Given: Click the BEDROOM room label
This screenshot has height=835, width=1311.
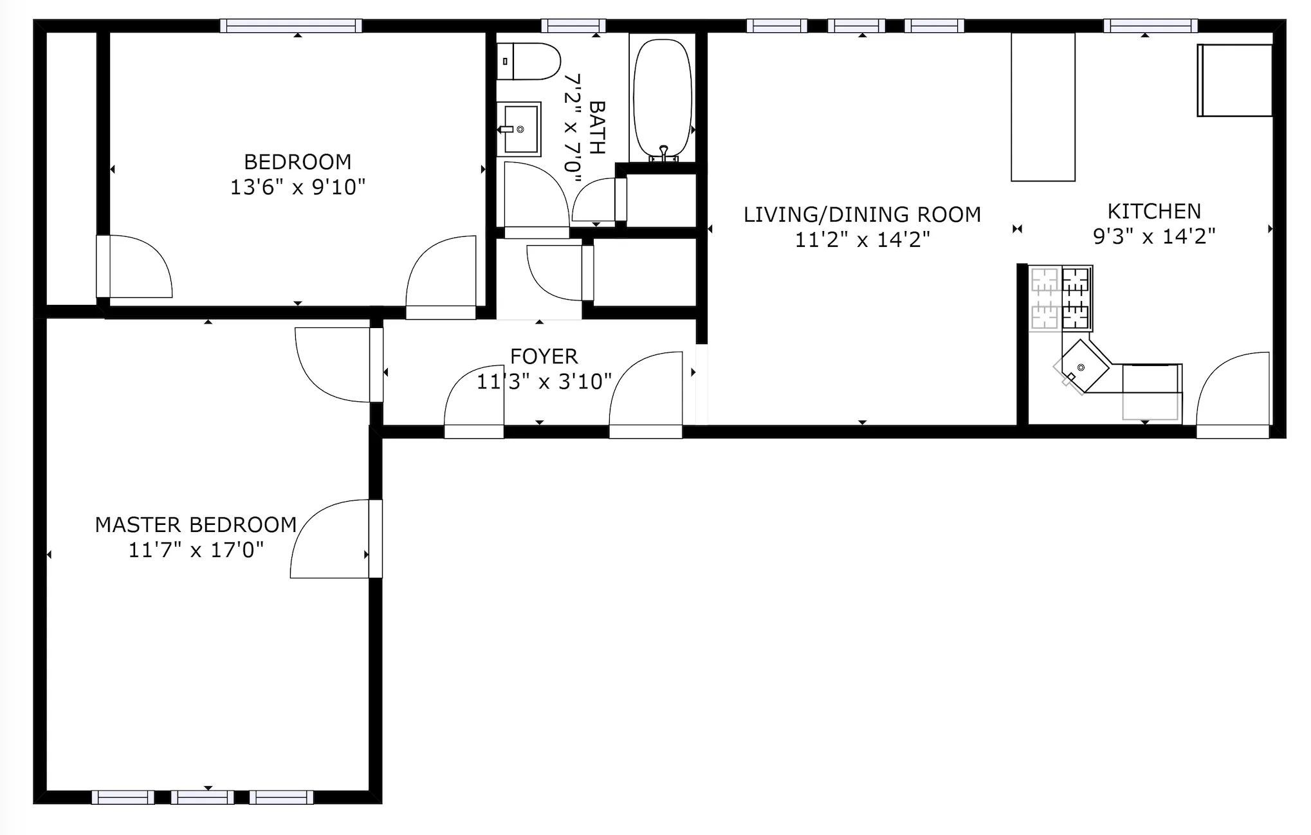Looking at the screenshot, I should [x=297, y=161].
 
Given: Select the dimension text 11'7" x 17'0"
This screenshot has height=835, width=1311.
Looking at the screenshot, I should [x=196, y=550].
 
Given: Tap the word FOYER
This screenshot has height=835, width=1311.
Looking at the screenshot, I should [x=544, y=356].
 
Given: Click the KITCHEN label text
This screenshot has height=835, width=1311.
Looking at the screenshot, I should [x=1153, y=211].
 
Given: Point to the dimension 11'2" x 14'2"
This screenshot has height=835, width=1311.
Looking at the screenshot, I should [x=862, y=240].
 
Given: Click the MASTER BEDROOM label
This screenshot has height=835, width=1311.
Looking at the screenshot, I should [x=196, y=524].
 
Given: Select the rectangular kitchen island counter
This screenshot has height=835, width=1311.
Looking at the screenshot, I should [x=1043, y=107].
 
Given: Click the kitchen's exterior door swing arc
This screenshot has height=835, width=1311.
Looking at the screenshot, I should [x=1232, y=387].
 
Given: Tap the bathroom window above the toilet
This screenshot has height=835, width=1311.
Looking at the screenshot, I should [x=573, y=26].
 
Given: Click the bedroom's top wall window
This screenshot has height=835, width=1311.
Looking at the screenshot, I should [x=291, y=26].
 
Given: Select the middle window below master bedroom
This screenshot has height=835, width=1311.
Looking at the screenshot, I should [x=202, y=797].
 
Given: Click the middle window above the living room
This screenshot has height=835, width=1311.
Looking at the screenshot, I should [x=856, y=26].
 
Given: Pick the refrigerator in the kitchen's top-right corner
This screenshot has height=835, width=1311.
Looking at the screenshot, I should [x=1234, y=80].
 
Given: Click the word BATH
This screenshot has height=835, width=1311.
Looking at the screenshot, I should [x=597, y=127].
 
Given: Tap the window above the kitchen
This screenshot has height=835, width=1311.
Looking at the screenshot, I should [x=1150, y=26].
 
